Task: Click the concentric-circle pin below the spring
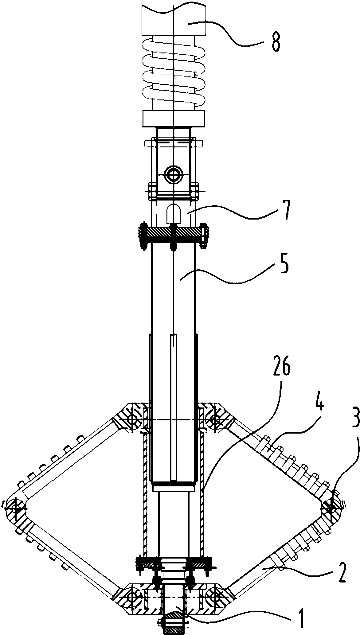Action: pyautogui.click(x=174, y=175)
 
